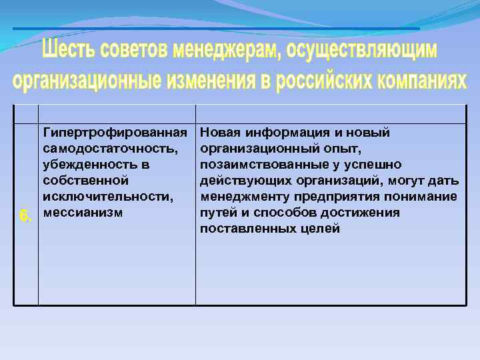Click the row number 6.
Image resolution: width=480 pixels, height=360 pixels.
[x=25, y=216]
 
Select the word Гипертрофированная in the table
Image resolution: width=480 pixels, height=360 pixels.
[x=114, y=133]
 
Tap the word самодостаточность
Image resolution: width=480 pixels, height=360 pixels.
[x=110, y=149]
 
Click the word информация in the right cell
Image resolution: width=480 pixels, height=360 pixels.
[x=278, y=133]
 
